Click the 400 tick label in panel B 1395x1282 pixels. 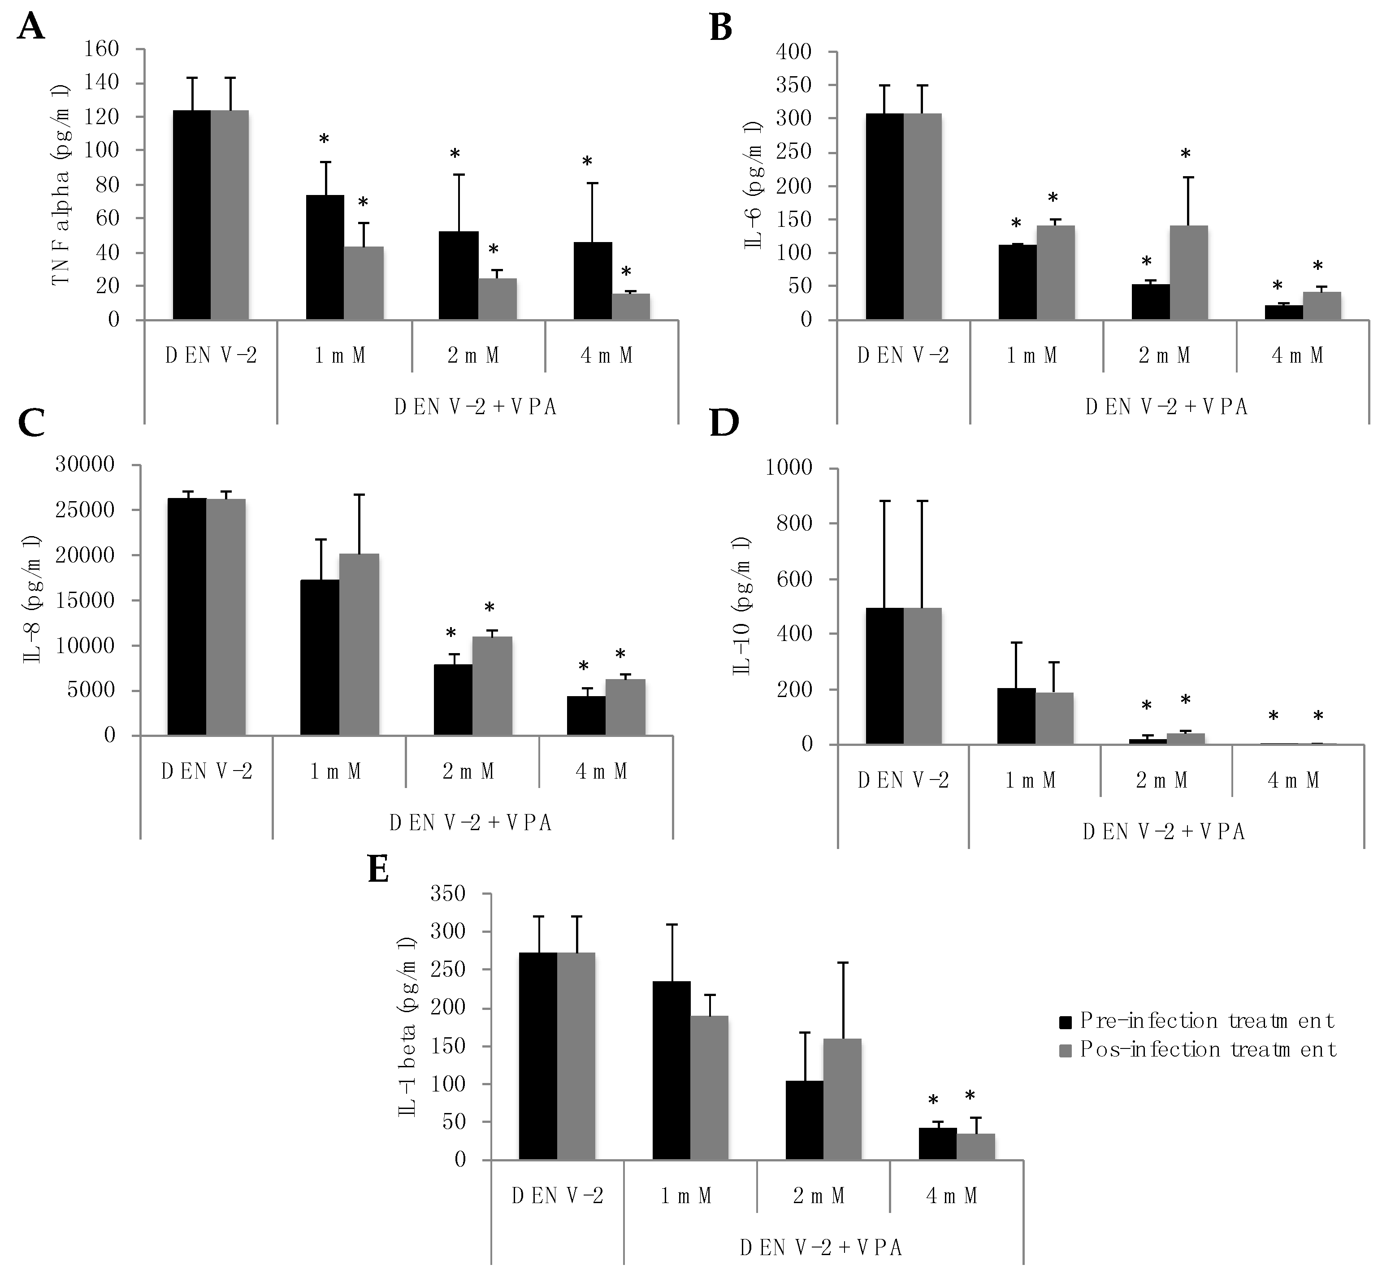[x=795, y=52]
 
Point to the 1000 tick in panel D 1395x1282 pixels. [x=788, y=468]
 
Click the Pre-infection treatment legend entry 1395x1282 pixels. [x=1196, y=1021]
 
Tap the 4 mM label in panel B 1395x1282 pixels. [x=1297, y=356]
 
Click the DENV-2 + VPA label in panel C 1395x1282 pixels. [x=470, y=823]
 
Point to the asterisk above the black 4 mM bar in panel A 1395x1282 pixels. [x=587, y=162]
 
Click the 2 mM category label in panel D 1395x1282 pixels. [x=1162, y=780]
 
